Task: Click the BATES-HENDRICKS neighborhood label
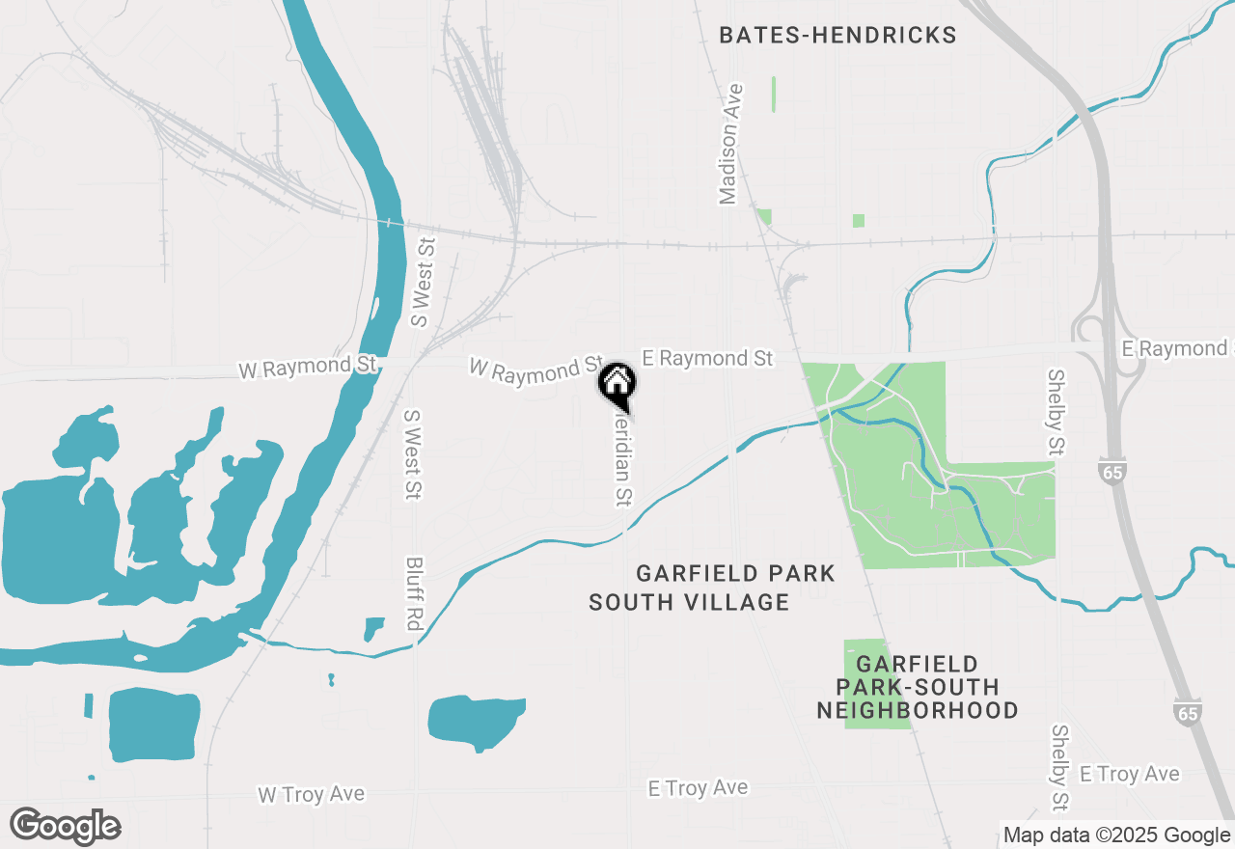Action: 837,36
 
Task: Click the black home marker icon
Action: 617,383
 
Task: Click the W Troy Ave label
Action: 311,794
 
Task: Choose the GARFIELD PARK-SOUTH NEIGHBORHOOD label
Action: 917,687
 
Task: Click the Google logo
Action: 65,826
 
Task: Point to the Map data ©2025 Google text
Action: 1116,835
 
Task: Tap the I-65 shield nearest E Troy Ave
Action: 1189,711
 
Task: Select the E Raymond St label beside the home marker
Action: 707,358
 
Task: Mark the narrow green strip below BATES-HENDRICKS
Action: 774,94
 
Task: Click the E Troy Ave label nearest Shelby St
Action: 1129,774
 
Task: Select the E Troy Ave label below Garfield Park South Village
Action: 698,788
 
